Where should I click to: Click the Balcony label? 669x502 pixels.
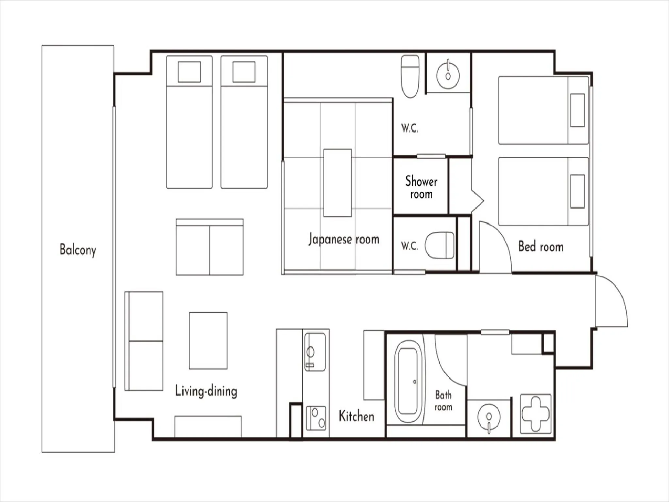pos(78,250)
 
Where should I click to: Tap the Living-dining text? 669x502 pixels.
pos(206,391)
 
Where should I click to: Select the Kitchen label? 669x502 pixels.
pos(356,416)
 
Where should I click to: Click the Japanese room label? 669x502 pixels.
pos(344,239)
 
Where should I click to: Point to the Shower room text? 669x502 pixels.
pos(421,187)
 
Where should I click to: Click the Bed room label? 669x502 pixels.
pos(541,246)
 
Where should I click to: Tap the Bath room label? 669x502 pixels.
pos(443,401)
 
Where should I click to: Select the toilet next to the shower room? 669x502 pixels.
pos(440,245)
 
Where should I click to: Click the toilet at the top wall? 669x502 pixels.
pos(410,76)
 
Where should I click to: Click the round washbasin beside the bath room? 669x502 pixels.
pos(489,417)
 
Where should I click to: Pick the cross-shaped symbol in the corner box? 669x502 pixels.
pos(536,413)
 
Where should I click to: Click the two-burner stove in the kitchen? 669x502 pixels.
pos(316,418)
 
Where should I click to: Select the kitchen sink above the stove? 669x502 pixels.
pos(315,352)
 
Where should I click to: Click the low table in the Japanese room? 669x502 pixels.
pos(337,183)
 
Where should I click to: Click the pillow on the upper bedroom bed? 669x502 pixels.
pos(577,110)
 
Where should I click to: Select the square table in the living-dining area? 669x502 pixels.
pos(208,341)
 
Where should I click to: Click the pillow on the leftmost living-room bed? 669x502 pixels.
pos(189,72)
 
